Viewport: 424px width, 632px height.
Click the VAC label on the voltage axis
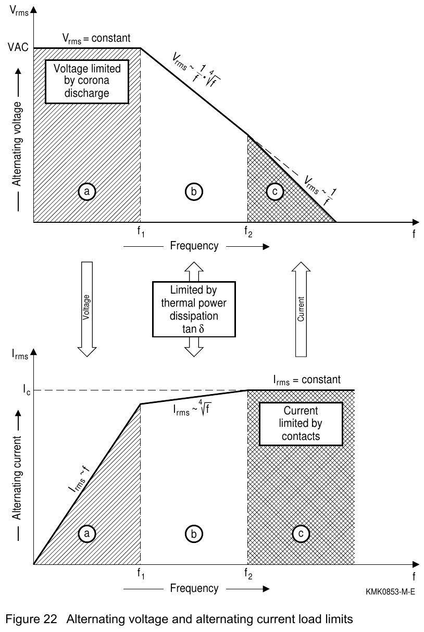pos(18,47)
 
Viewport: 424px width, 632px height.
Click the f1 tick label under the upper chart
pos(141,232)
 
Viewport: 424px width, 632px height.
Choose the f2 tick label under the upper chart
pos(248,232)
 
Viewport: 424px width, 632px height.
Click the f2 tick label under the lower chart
pos(248,574)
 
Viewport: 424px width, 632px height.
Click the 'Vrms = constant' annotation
pos(96,39)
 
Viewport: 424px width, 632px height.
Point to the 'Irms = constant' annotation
pos(307,380)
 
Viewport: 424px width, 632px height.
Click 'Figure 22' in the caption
pos(31,619)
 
